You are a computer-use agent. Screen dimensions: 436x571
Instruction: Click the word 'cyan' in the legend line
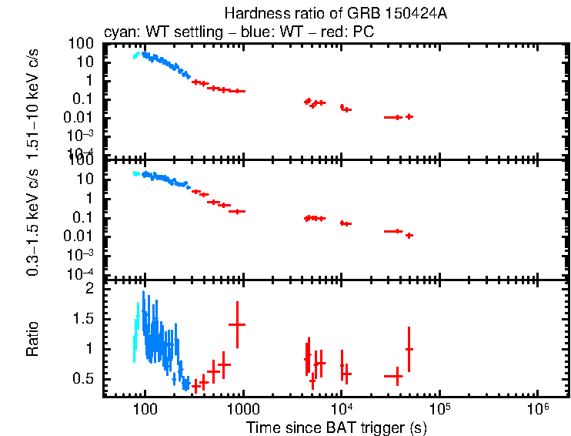[118, 32]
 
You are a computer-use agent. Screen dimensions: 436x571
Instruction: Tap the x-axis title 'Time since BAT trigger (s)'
[336, 427]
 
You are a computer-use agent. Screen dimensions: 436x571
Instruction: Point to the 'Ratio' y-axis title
[32, 339]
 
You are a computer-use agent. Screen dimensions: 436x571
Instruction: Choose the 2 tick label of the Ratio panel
[90, 288]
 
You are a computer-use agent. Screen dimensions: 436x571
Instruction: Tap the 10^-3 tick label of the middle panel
[83, 255]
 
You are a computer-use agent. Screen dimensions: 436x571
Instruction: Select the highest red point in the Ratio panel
[237, 324]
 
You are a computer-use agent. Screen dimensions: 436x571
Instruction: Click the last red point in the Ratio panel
[409, 349]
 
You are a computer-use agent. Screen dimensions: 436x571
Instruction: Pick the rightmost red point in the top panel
[409, 116]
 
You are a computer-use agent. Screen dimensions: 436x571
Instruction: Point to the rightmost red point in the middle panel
[409, 235]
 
